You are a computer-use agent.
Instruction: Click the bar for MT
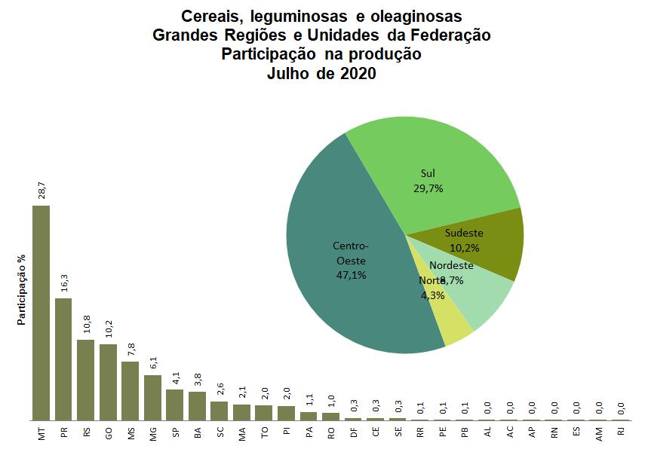click(41, 313)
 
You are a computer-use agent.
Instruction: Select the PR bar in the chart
click(63, 359)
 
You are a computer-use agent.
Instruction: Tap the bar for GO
click(108, 382)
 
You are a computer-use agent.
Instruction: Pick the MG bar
click(152, 397)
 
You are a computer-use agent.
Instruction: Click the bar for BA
click(197, 405)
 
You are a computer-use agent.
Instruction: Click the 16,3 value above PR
click(63, 282)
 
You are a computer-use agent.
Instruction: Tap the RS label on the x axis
click(86, 434)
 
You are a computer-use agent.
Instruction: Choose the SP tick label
click(175, 434)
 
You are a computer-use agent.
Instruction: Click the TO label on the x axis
click(264, 434)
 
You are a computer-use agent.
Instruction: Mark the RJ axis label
click(621, 434)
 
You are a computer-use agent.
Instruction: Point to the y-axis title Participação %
click(22, 290)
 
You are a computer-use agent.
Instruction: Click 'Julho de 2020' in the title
click(321, 73)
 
